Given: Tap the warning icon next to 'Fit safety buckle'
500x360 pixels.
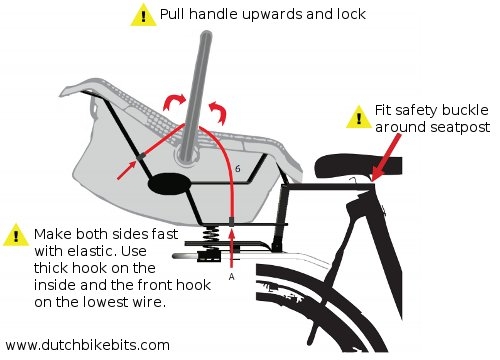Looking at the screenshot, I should [x=357, y=117].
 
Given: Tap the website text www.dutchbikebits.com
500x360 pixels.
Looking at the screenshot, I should [x=87, y=344].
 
